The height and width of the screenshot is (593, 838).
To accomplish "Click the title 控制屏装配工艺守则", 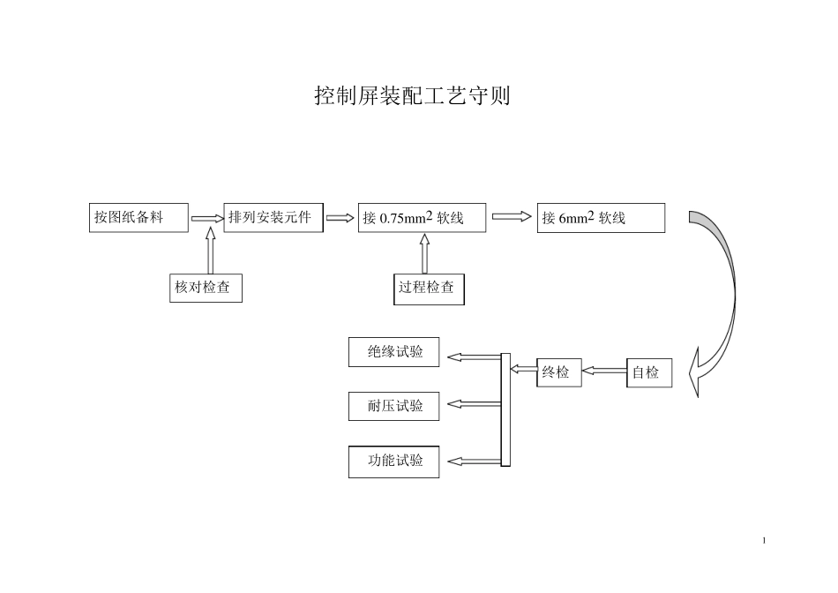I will point(412,96).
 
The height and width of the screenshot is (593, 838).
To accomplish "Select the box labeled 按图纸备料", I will point(138,218).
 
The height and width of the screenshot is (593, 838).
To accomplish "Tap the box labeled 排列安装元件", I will point(273,218).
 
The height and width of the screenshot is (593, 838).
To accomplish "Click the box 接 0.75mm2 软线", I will point(422,218).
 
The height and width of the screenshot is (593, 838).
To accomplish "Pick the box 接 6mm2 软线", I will point(601,218).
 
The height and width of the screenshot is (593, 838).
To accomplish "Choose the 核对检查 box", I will point(206,288).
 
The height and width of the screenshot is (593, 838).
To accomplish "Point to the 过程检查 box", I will point(429,289).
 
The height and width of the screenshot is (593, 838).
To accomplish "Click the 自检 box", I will point(649,372).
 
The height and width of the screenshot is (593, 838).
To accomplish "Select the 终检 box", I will point(559,372).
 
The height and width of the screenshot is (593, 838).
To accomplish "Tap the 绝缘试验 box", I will point(393,352).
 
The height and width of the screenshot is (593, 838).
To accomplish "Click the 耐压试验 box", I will point(393,406).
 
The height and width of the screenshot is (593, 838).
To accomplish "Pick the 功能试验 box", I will point(393,462).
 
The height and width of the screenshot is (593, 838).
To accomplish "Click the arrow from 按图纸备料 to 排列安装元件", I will point(207,218).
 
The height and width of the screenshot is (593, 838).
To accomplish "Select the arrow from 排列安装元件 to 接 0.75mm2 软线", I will point(340,218).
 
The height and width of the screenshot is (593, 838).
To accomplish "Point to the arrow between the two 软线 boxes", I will point(512,217).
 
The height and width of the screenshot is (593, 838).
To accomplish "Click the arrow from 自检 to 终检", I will point(604,372).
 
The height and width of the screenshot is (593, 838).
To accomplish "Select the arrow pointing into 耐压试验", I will point(474,404).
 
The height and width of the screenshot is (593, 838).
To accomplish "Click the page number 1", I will point(764,539).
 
